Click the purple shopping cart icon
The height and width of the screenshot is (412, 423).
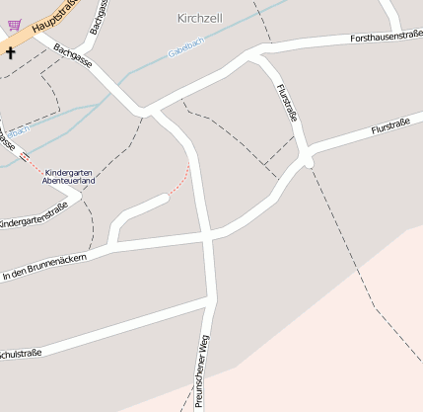click(14, 26)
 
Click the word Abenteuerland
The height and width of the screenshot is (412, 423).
click(68, 182)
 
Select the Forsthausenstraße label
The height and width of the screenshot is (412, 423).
click(387, 37)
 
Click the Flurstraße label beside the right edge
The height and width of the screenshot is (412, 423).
click(390, 128)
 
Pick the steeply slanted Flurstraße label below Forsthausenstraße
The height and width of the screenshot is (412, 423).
click(287, 105)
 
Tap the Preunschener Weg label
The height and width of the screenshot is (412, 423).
click(202, 371)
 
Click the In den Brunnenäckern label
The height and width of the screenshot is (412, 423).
click(44, 265)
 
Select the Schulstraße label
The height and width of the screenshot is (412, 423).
click(20, 353)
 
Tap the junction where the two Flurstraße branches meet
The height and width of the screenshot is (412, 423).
click(307, 158)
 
